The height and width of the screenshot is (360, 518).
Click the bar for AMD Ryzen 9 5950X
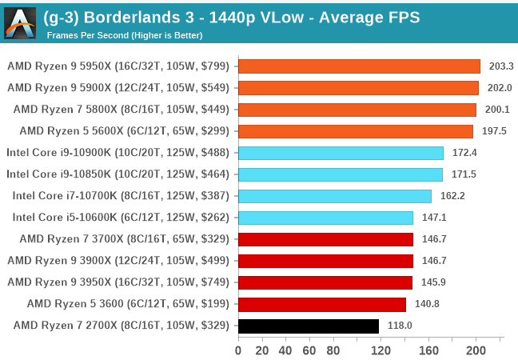(359, 66)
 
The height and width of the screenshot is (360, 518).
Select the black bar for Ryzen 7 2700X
(308, 326)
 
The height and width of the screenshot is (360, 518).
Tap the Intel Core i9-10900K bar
(341, 153)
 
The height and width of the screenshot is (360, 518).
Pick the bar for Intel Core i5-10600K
(325, 218)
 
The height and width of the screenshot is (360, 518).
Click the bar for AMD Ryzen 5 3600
(321, 304)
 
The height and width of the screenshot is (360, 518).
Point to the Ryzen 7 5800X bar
(357, 110)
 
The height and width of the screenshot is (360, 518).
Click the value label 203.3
(500, 66)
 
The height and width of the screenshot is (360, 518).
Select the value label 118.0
(399, 326)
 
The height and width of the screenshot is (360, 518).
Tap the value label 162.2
(452, 196)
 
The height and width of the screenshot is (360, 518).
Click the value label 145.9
(432, 282)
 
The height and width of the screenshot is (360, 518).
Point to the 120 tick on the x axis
(381, 350)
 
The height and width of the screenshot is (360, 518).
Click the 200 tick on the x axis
(476, 350)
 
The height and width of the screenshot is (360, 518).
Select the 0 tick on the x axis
(238, 350)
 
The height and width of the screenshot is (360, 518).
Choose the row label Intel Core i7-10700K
(121, 196)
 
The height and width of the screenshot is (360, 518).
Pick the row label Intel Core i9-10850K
(118, 174)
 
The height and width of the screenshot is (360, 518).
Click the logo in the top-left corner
(20, 22)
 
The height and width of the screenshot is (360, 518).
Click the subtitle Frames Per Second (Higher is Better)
(124, 35)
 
